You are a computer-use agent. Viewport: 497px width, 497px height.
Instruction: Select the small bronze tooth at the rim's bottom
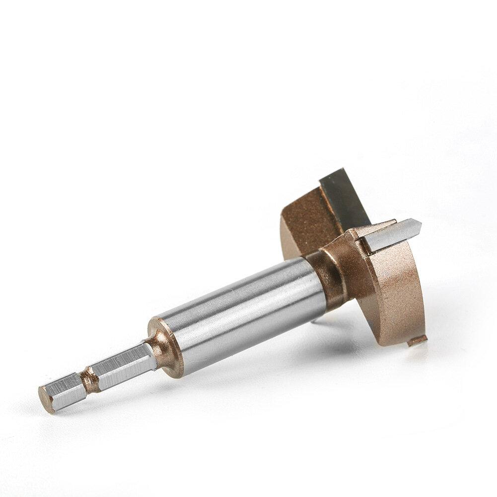click(x=417, y=341)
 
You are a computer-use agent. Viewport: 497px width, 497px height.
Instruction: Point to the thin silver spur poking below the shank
click(x=314, y=320)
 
